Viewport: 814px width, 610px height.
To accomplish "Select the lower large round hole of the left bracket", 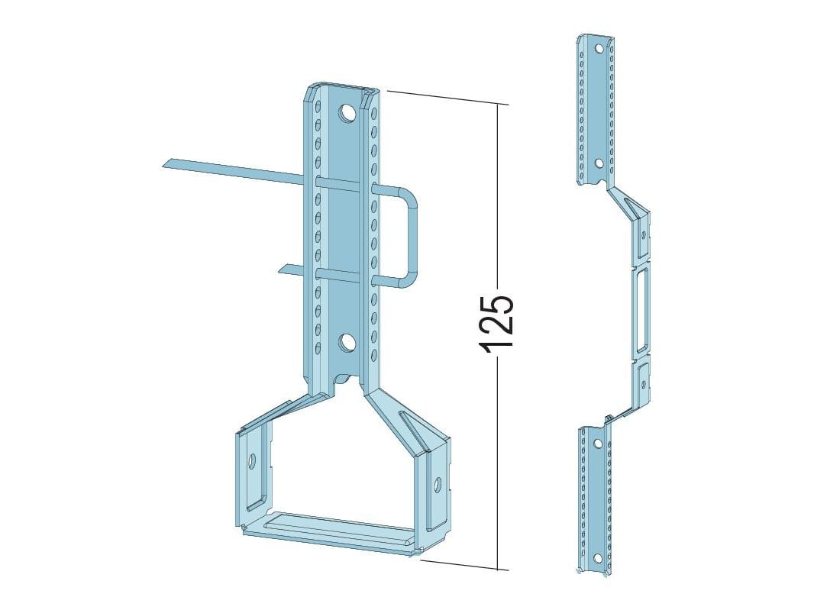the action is [346, 343].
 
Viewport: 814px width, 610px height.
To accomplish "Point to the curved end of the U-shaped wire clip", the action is [412, 236].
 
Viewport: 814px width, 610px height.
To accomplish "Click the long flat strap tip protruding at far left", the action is [171, 163].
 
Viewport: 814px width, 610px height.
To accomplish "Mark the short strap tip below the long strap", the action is [286, 269].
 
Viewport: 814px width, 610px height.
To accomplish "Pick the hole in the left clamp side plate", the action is [253, 460].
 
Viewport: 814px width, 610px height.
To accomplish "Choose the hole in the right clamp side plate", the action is [438, 484].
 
